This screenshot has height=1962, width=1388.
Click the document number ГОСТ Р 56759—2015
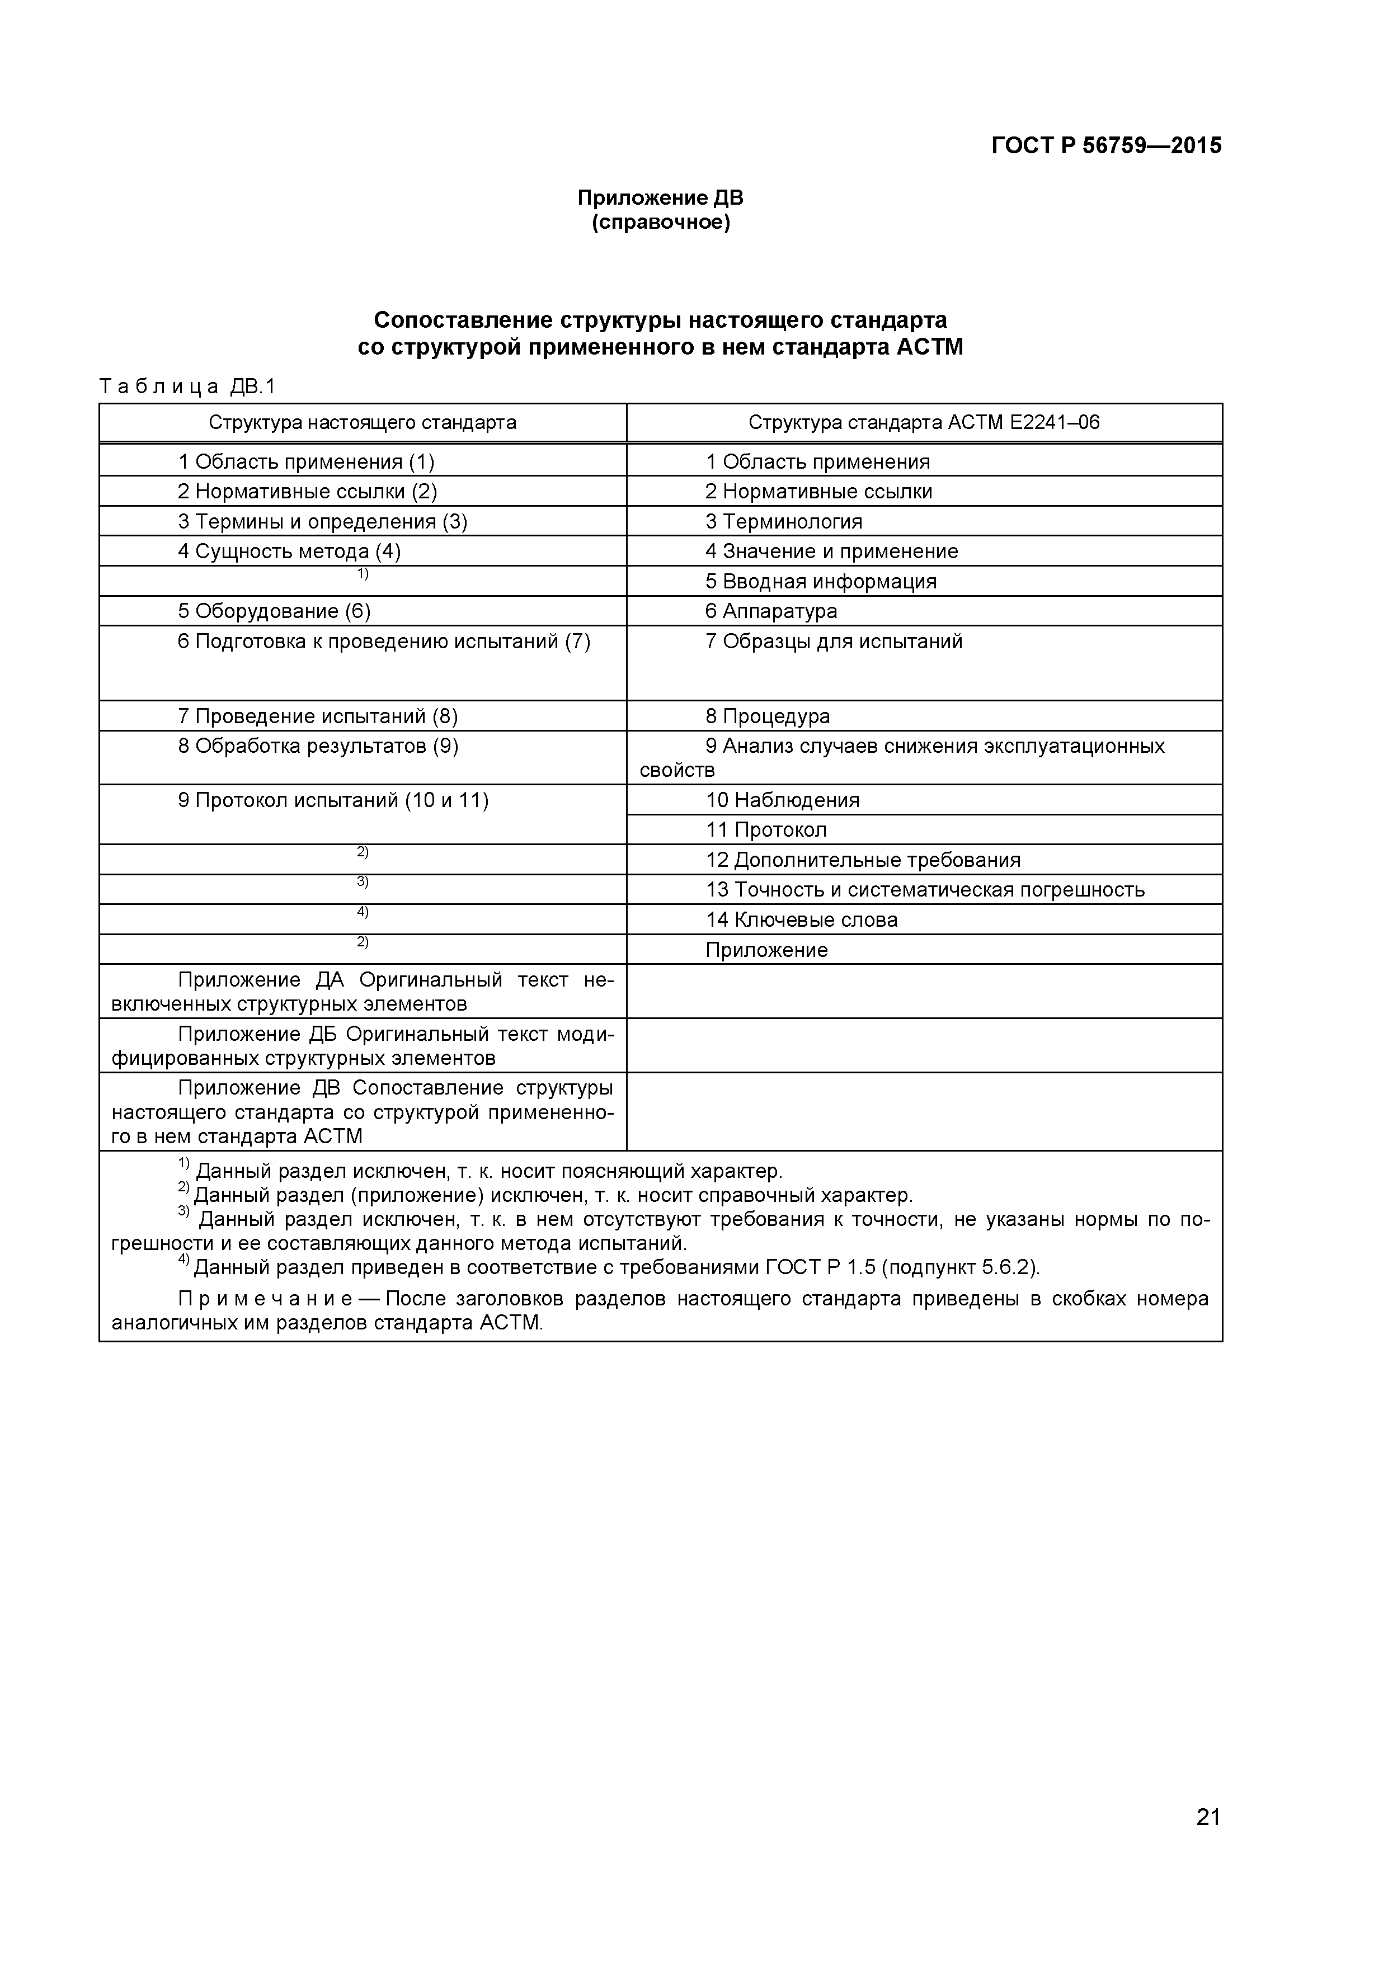click(x=1106, y=146)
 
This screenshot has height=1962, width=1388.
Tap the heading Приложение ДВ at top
click(x=660, y=198)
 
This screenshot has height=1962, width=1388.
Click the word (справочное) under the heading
click(x=660, y=223)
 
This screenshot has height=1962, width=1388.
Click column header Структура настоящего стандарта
click(x=363, y=423)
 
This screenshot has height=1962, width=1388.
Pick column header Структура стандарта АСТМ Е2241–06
click(x=923, y=423)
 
